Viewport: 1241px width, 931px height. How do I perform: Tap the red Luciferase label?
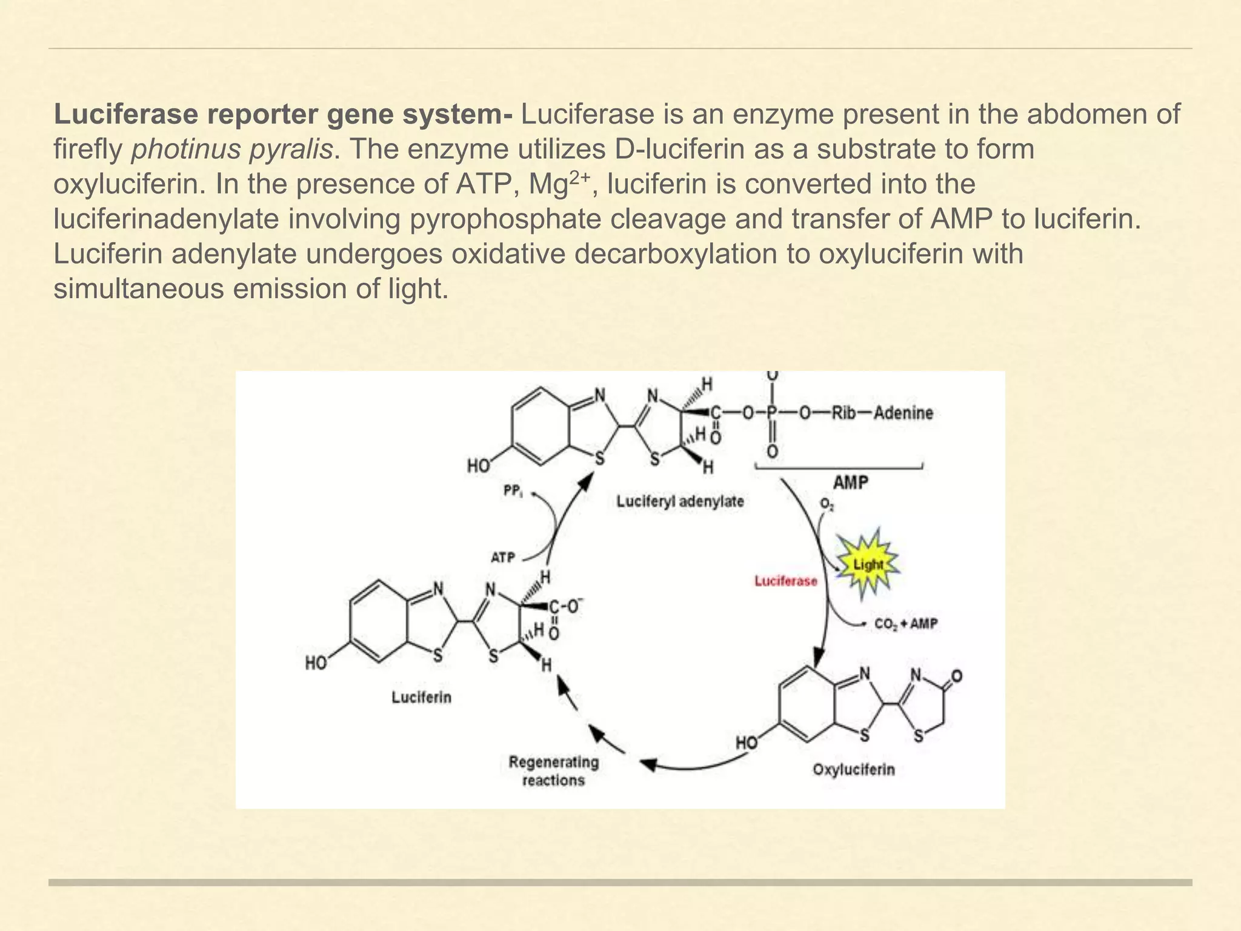786,581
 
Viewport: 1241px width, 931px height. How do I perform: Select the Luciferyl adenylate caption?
680,502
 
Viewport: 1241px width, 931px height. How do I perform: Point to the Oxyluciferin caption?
853,769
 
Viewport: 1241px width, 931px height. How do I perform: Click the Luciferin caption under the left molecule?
421,697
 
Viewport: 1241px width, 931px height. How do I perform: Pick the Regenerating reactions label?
553,771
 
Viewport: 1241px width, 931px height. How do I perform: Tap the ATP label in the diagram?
502,557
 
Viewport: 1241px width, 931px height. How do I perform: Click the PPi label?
513,492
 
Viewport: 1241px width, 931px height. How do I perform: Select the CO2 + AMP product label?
906,624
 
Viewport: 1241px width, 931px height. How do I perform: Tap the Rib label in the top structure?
844,413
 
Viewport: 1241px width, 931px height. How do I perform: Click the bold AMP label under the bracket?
850,482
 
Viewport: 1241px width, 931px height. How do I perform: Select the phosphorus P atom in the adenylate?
771,413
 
